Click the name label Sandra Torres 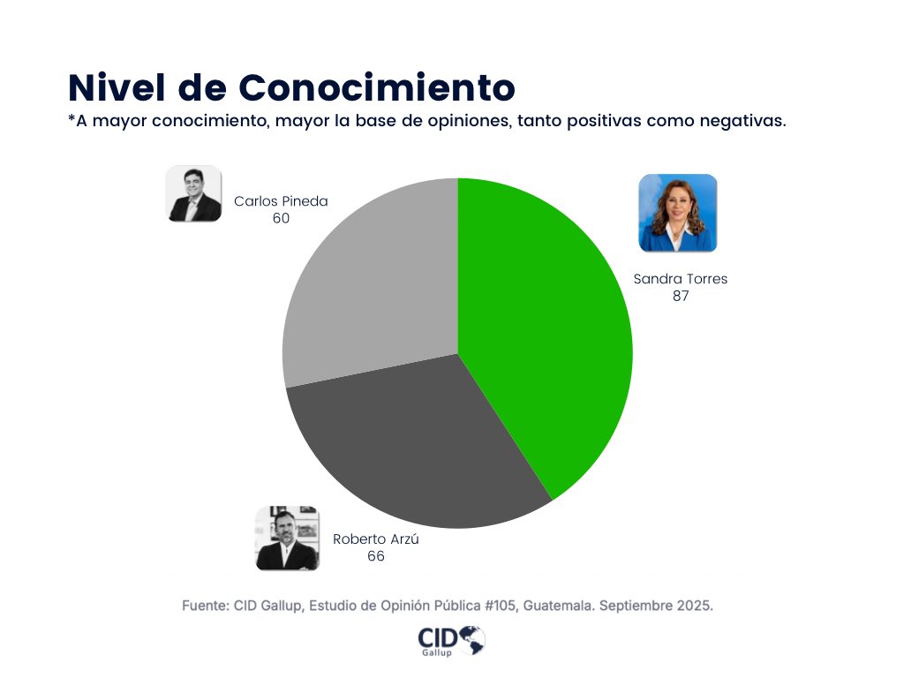[681, 279]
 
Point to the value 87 [681, 297]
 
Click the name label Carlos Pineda [281, 201]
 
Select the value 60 [281, 218]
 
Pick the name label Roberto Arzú [376, 539]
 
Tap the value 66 [376, 556]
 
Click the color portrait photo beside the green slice [678, 213]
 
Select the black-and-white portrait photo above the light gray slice [194, 193]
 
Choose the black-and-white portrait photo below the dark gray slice [287, 538]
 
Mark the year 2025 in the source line [695, 606]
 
